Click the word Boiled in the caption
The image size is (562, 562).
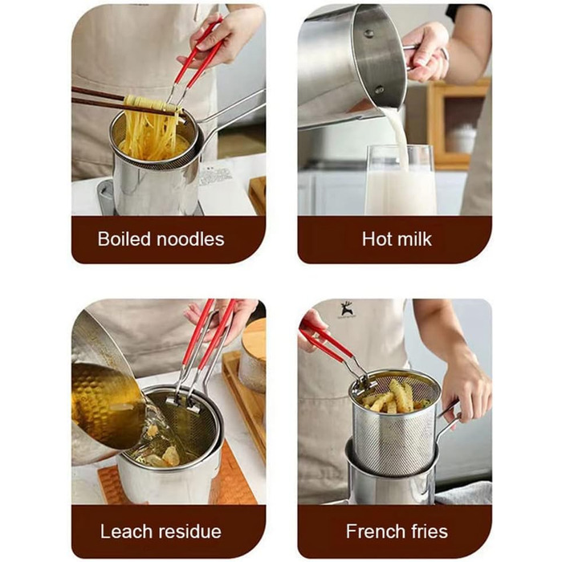124,238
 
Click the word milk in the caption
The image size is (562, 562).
415,238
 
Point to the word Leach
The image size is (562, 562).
127,531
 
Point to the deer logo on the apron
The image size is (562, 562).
346,310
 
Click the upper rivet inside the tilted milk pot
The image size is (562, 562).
369,34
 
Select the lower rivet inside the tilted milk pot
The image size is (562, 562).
379,89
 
